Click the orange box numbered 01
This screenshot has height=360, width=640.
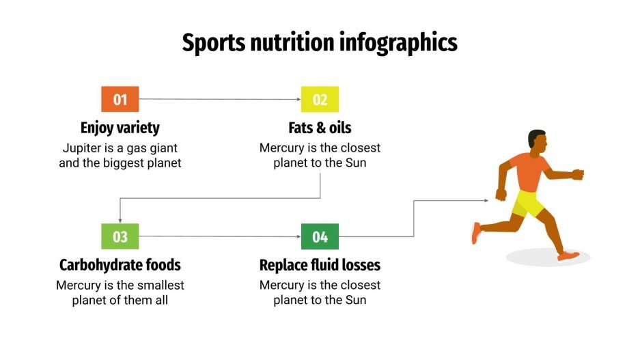(x=120, y=100)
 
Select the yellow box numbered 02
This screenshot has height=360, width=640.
(x=320, y=100)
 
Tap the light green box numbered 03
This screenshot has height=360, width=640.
(x=120, y=237)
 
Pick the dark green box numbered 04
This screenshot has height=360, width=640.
(x=320, y=237)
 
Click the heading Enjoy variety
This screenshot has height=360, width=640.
(x=120, y=128)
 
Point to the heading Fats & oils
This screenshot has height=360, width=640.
(x=320, y=128)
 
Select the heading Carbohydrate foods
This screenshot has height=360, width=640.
(x=120, y=265)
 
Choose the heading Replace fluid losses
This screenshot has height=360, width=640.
(x=320, y=265)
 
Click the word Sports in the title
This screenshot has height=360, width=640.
(x=212, y=43)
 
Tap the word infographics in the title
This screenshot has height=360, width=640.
(x=398, y=43)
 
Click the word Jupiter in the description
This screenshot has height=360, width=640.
(x=82, y=148)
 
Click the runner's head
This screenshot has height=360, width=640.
(x=538, y=141)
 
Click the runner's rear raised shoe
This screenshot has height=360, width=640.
(x=476, y=233)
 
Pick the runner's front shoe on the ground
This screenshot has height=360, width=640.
(x=568, y=256)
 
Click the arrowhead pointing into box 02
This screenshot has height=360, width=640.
(x=298, y=100)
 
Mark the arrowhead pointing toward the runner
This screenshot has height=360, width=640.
(x=486, y=201)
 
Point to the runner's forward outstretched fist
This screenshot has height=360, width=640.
(x=578, y=174)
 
